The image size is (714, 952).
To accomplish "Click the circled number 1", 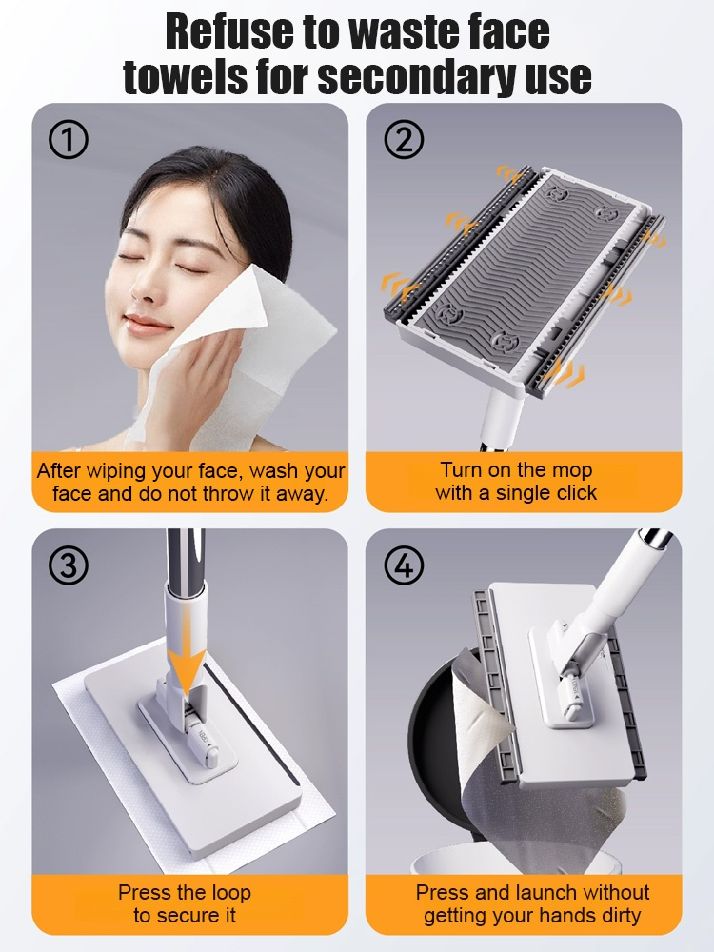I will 68,141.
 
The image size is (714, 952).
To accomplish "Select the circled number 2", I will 403,141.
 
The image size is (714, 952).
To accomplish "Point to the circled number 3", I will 68,566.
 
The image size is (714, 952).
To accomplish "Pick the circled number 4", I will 403,566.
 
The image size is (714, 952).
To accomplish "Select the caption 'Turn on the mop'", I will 516,469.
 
